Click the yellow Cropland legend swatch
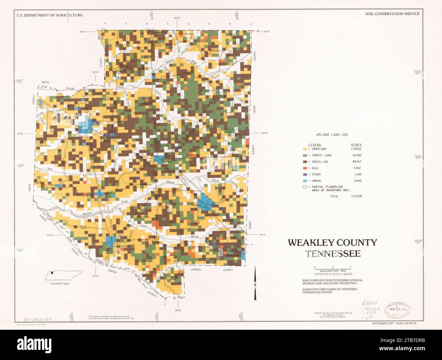click(305, 149)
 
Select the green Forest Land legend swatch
click(305, 155)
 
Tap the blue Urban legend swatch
click(305, 181)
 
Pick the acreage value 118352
click(356, 149)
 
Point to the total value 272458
click(356, 196)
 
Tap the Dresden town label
click(166, 162)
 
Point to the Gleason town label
click(197, 205)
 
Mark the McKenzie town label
click(233, 255)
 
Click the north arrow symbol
click(255, 284)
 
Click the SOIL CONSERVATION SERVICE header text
click(392, 14)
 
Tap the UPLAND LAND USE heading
click(332, 135)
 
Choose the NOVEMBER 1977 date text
click(382, 323)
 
